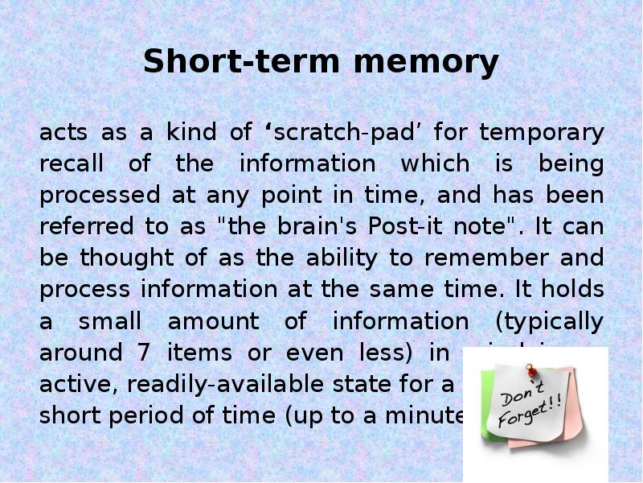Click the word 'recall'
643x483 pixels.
pos(72,163)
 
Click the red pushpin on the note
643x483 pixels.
pos(531,371)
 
